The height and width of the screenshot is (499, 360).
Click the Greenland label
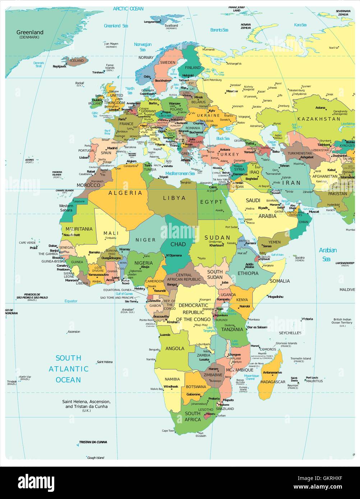[30, 32]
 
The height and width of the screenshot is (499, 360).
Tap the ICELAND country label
[76, 61]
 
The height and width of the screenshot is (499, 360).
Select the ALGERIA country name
[125, 193]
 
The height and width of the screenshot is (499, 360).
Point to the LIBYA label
[174, 198]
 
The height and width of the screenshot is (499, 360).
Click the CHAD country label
[178, 244]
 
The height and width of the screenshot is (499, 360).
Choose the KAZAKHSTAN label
[319, 119]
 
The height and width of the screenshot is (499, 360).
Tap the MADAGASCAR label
[273, 382]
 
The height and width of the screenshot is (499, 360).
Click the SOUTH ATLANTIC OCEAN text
[68, 369]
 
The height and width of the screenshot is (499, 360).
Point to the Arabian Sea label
[328, 254]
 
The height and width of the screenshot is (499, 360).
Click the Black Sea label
[222, 139]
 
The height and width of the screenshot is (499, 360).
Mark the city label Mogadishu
[275, 297]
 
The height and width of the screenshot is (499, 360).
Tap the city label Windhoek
[171, 386]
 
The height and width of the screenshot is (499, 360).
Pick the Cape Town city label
[168, 430]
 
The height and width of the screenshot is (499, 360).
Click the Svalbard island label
[171, 26]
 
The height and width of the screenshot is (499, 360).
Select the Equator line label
[71, 301]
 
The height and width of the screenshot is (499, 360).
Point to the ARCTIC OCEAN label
[128, 9]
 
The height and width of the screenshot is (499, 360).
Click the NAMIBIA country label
[172, 379]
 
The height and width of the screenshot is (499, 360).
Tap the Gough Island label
[96, 457]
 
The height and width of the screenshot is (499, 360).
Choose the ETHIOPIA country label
[248, 273]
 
